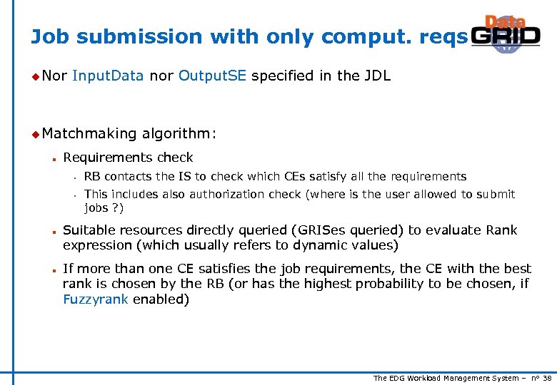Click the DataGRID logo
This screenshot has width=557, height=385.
(x=506, y=34)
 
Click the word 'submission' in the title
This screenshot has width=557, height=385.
(x=122, y=36)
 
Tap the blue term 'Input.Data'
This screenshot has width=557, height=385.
(x=108, y=76)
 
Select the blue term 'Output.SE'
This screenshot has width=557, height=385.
(x=212, y=76)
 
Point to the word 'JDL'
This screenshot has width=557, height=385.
(x=376, y=76)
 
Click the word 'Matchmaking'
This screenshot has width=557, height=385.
(x=89, y=133)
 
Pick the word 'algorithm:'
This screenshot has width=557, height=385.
(x=179, y=133)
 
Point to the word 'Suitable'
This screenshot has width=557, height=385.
(x=87, y=230)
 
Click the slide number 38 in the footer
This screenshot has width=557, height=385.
(x=547, y=378)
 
